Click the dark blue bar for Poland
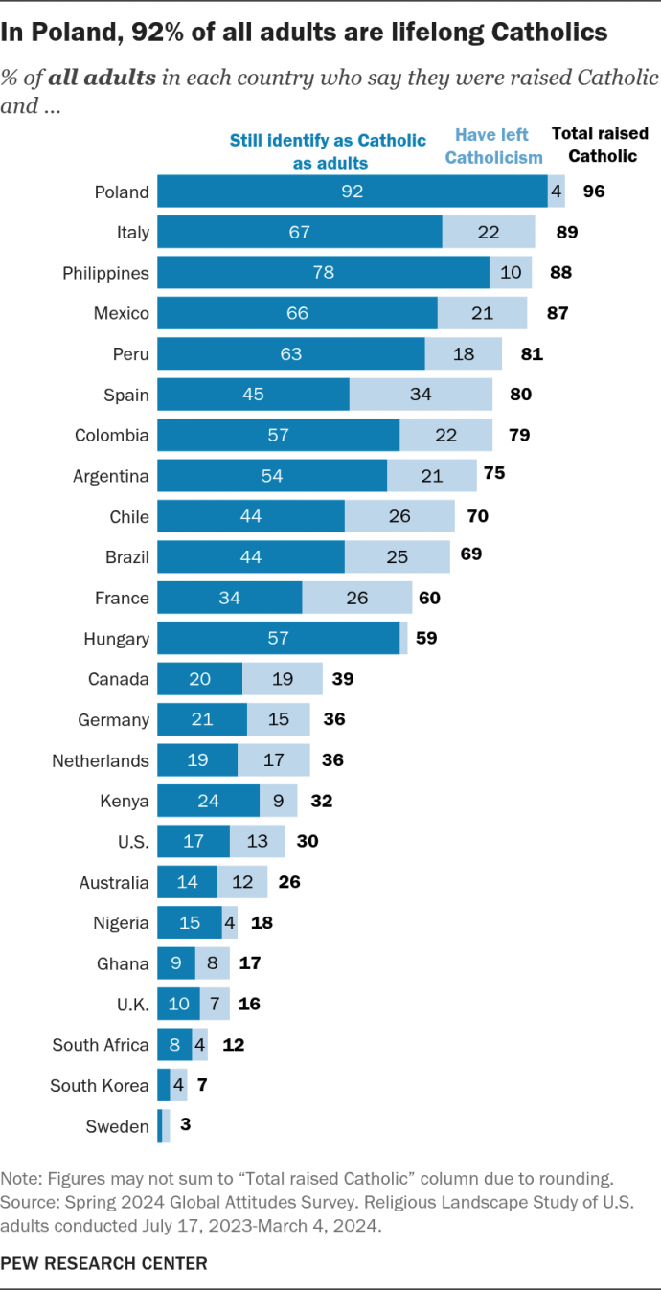point(352,192)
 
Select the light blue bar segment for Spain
point(421,395)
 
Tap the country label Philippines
point(105,273)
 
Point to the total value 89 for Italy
point(567,232)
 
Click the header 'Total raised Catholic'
point(600,145)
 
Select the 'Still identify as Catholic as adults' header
point(329,151)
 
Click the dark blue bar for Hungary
point(278,638)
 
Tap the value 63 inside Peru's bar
point(290,354)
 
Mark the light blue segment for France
point(357,598)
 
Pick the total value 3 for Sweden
point(185,1125)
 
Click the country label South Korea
point(101,1085)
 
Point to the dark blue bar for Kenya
point(208,801)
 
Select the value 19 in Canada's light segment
point(282,679)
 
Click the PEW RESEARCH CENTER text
point(103,1263)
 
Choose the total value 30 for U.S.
point(307,841)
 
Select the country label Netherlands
point(101,760)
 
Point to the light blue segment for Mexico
point(482,313)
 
